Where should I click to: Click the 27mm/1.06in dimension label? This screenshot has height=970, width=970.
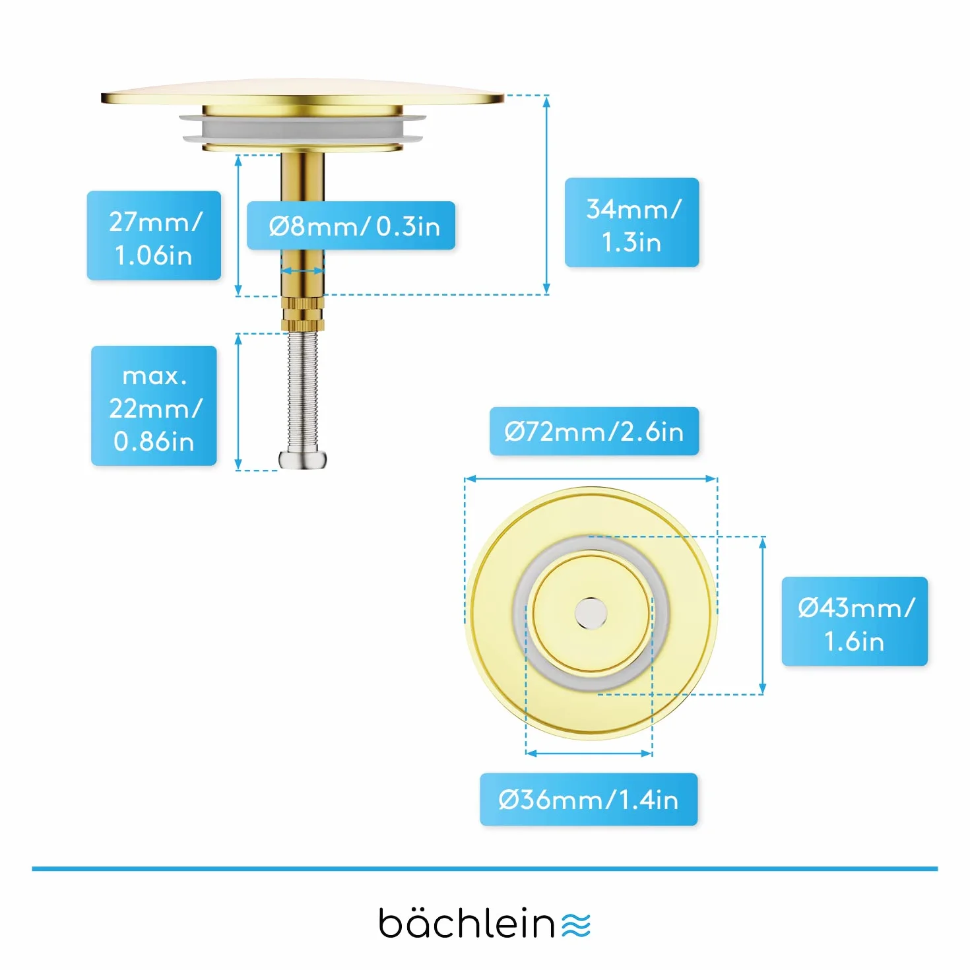(x=154, y=235)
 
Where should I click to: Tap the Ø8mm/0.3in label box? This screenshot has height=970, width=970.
(x=351, y=225)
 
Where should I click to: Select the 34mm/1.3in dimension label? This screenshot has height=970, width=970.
(x=631, y=222)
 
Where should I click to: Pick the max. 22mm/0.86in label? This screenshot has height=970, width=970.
(x=154, y=406)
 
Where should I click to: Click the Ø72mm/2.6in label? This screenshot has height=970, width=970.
(x=594, y=432)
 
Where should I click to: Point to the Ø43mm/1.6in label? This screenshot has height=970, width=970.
(x=855, y=621)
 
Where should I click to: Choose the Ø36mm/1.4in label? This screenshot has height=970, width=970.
(x=589, y=799)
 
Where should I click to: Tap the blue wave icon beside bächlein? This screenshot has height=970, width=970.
(x=576, y=925)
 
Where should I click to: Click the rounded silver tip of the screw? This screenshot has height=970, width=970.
(x=302, y=459)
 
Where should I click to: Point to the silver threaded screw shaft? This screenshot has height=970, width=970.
(x=302, y=391)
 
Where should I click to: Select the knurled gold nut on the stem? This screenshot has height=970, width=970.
(x=302, y=313)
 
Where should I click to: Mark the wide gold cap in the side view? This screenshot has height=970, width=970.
(x=302, y=93)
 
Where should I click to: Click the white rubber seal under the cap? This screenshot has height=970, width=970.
(x=302, y=129)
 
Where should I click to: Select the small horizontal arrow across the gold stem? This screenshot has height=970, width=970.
(x=302, y=271)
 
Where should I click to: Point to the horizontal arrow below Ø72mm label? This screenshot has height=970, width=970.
(x=591, y=478)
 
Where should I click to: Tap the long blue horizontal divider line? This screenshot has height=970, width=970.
(x=485, y=868)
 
